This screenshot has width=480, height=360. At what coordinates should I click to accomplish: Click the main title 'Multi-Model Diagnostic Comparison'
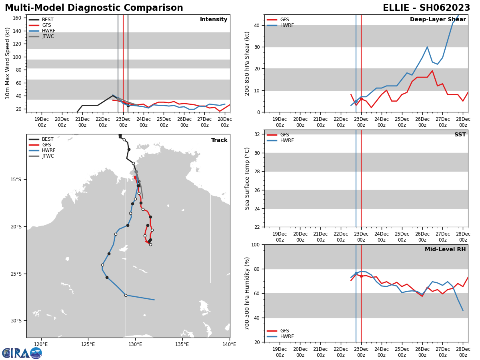coord(94,8)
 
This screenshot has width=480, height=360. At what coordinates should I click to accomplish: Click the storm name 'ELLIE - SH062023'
coord(426,8)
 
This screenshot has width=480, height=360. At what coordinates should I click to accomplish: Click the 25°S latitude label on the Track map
coord(16,274)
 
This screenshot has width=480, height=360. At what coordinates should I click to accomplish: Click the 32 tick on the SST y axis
coord(258,134)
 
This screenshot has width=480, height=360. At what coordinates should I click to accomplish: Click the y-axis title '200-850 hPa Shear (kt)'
coord(248,63)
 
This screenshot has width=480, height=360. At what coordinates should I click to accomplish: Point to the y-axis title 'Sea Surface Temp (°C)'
coord(248,178)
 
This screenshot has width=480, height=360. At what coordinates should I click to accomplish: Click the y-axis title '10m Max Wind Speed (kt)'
coord(8,63)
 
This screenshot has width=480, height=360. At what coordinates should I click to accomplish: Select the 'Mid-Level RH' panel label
coord(445,250)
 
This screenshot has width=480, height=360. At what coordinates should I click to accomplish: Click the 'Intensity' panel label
coord(214,20)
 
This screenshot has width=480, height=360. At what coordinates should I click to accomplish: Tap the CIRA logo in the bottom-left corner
coord(22,353)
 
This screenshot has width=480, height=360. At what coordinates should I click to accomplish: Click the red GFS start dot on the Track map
coord(135,177)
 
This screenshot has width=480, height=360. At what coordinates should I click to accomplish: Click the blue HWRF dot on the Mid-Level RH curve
coord(356,273)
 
